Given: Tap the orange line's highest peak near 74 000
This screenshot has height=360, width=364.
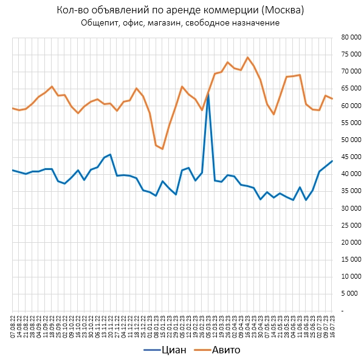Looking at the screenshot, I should (x=247, y=58).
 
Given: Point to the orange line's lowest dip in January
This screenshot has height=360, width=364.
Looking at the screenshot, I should (x=162, y=149).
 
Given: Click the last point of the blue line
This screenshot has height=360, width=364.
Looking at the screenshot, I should (x=332, y=161).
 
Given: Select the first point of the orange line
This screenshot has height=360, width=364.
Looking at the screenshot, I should (x=13, y=108).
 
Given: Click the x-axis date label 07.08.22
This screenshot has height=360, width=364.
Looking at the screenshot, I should (x=13, y=321).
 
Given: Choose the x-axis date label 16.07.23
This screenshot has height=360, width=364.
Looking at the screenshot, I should (x=332, y=321).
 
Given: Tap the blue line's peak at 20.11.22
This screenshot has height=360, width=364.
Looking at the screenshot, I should (x=110, y=155).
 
